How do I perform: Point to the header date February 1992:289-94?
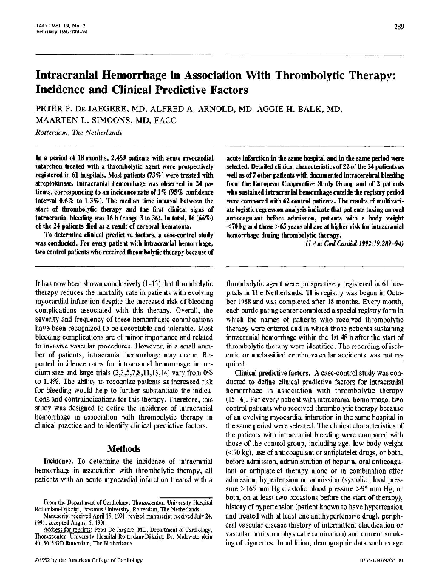click(x=51, y=33)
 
